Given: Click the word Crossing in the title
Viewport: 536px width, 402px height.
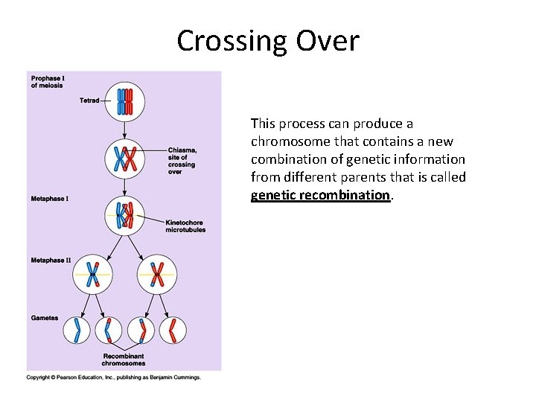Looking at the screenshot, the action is coord(228,41).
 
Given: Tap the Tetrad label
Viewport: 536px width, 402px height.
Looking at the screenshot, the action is coord(89,100).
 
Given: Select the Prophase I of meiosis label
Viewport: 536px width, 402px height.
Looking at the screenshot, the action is coord(47,82).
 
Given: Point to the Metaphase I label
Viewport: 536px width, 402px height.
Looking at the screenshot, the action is coord(50,199).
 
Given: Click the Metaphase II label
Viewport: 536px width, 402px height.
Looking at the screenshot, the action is coord(51,261).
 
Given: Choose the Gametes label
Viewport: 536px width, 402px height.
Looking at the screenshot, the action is coord(45,318).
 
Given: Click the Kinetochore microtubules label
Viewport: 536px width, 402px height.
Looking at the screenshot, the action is coord(186,226).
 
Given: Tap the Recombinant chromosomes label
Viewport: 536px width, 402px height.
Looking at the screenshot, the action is coord(124,360).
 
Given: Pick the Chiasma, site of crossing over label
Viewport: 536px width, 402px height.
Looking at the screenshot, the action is coord(182,161).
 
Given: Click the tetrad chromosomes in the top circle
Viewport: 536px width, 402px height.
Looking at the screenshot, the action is coord(124,100).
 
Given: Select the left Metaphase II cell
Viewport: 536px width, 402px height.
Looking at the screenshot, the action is coord(92,275).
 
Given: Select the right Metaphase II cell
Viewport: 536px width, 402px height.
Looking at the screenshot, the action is coord(157,275).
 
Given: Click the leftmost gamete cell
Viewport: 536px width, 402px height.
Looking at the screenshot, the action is coord(77,330).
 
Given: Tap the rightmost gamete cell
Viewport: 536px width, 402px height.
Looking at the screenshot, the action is coord(173,330).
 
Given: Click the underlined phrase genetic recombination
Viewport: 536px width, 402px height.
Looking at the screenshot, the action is coord(320,195).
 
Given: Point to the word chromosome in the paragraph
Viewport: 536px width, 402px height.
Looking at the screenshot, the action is coord(289,141).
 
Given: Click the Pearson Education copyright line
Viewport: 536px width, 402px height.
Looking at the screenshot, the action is coord(114,377).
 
